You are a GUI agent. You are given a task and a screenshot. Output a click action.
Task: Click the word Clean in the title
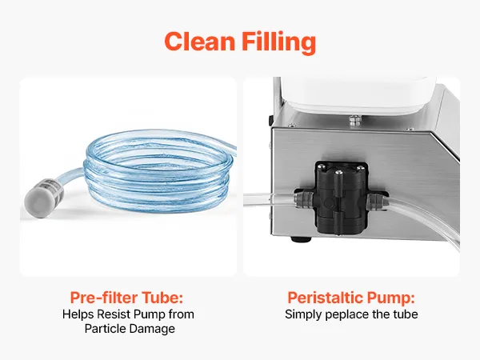(199, 41)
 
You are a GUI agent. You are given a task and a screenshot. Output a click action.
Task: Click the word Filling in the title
(278, 42)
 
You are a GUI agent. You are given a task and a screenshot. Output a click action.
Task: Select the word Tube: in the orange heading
(162, 298)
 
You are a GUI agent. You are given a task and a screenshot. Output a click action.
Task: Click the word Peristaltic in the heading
(326, 298)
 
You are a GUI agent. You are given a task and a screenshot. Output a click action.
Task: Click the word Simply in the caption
(303, 315)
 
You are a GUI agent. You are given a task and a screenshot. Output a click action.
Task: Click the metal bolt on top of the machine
(355, 120)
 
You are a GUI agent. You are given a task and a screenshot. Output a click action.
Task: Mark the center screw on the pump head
(338, 174)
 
